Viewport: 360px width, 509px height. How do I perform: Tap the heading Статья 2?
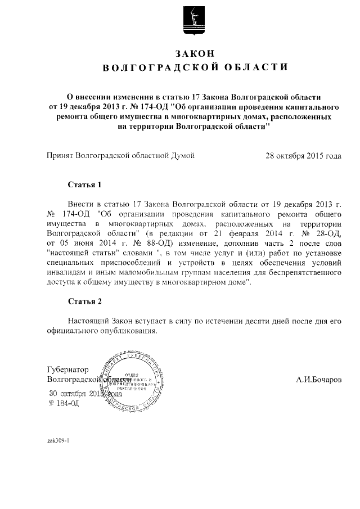(x=84, y=301)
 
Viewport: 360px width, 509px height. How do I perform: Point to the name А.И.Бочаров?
(x=318, y=380)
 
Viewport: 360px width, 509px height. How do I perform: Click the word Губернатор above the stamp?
(x=67, y=370)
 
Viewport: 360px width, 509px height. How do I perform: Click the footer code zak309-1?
(x=58, y=440)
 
